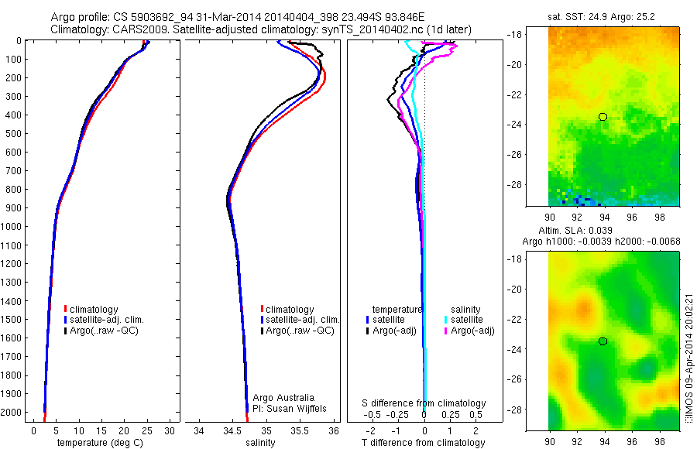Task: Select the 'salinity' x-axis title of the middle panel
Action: [x=260, y=443]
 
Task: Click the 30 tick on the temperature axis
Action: [x=170, y=430]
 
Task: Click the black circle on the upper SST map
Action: [x=603, y=117]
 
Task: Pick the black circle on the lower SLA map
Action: [x=603, y=341]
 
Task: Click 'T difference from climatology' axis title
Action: [x=424, y=443]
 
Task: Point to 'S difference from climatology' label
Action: [x=424, y=403]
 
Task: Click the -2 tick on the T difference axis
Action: [x=371, y=429]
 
